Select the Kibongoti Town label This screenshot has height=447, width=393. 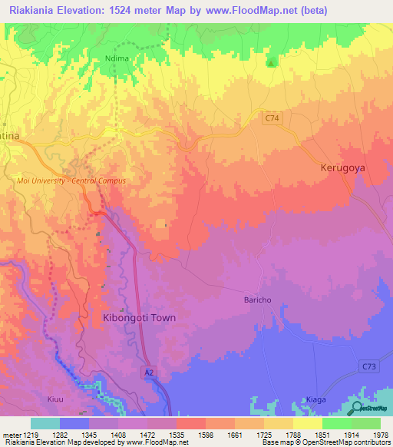tap(139, 317)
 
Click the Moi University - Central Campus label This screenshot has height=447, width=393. tap(71, 180)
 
